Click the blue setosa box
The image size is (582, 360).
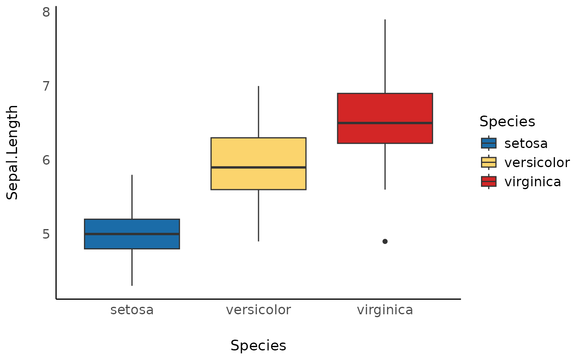coord(132,227)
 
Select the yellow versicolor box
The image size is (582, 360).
coord(258,152)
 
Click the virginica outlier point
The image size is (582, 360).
coord(385,242)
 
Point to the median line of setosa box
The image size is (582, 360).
coord(132,234)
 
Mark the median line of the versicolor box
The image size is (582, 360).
coord(258,168)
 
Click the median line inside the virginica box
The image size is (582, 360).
coord(385,123)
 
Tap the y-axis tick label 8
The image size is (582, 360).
coord(46,12)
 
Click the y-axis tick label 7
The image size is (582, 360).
coord(46,86)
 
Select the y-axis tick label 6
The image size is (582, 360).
coord(46,160)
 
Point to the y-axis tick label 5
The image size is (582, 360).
coord(46,234)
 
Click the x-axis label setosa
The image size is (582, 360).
coord(132,310)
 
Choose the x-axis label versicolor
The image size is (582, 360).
coord(258,310)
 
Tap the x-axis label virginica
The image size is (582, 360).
coord(385,310)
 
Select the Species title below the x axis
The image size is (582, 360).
coord(258,346)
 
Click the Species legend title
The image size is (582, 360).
coord(507,121)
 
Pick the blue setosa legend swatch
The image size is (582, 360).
coord(488,143)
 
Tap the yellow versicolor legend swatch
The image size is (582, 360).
coord(488,162)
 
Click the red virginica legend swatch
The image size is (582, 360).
coord(488,182)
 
